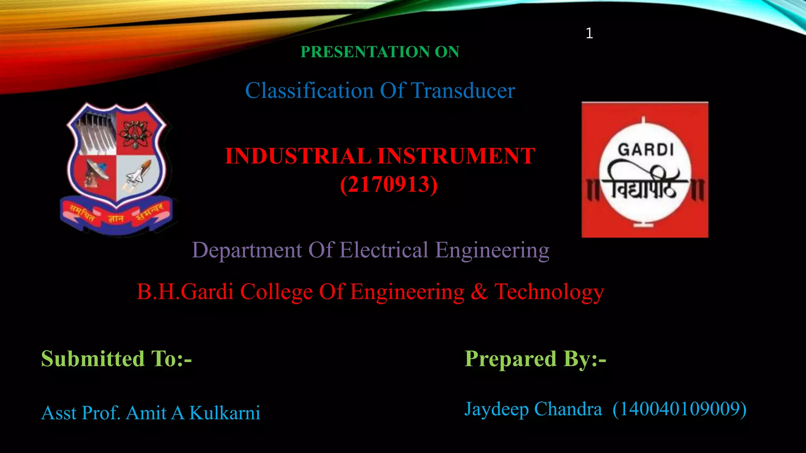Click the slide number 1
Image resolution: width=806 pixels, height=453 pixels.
589,33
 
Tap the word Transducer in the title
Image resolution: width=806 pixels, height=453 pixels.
463,91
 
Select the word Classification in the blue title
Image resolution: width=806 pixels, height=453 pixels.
309,91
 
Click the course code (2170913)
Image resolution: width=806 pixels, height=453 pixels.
389,184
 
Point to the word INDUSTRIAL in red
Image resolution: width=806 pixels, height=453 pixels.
298,156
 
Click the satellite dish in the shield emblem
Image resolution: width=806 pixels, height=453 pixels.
96,172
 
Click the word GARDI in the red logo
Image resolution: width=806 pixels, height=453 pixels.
645,150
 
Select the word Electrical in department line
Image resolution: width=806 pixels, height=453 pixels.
384,250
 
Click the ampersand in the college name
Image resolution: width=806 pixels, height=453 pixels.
479,292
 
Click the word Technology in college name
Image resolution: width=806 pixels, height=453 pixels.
549,292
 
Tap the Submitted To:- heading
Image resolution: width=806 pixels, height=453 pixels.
116,359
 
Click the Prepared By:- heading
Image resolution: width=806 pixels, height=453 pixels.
535,359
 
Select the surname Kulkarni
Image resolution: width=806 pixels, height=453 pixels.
225,413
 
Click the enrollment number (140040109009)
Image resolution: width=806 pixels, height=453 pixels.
680,409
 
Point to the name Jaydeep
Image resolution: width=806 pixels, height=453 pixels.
497,409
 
